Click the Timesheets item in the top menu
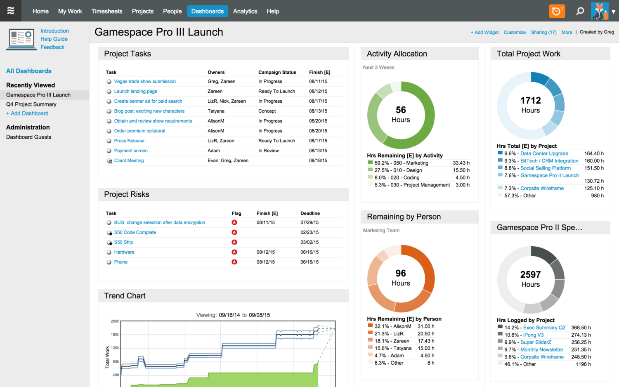[x=106, y=11]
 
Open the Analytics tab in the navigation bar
[x=245, y=11]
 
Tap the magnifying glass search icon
[x=580, y=11]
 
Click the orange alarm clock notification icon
[x=557, y=11]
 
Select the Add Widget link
[x=484, y=32]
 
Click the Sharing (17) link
[x=543, y=32]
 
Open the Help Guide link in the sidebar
[x=54, y=39]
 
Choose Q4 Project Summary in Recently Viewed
[x=31, y=104]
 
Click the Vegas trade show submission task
[x=145, y=81]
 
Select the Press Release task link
[x=129, y=141]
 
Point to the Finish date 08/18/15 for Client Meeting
[x=318, y=160]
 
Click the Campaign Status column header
[x=277, y=72]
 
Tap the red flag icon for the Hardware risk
[x=234, y=252]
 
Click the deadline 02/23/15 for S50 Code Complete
[x=309, y=232]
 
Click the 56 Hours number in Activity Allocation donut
[x=401, y=110]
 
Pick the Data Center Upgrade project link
[x=544, y=153]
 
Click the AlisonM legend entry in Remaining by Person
[x=392, y=326]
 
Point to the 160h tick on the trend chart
[x=115, y=335]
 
